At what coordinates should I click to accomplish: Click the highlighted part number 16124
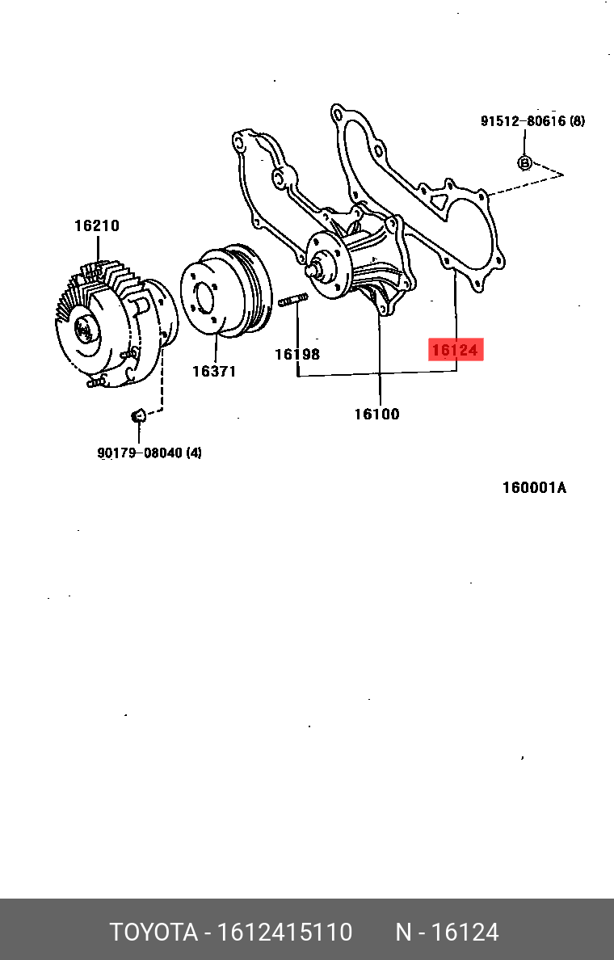455,350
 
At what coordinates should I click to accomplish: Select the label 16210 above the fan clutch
97,226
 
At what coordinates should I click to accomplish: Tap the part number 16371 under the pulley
214,372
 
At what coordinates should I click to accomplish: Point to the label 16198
296,354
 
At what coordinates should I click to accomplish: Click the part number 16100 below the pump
376,415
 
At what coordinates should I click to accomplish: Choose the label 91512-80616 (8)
532,121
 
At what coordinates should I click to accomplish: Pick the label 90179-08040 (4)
149,453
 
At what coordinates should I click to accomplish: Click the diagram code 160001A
534,488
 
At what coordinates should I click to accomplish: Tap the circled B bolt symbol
524,163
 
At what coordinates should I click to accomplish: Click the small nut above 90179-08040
137,416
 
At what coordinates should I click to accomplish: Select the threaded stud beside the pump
292,302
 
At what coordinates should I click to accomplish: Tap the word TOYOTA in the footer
153,933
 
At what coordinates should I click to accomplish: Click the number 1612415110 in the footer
284,933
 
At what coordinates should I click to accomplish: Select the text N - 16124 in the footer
447,933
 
